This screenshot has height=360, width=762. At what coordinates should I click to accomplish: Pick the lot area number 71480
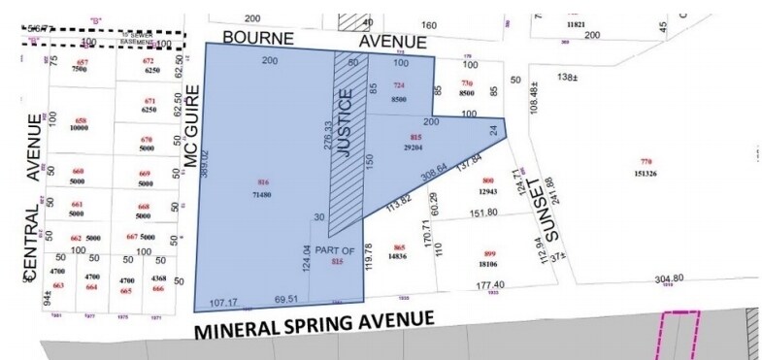coord(262,196)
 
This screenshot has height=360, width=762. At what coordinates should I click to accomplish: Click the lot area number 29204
coord(414,147)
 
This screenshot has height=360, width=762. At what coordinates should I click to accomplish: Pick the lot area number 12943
coord(488,191)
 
